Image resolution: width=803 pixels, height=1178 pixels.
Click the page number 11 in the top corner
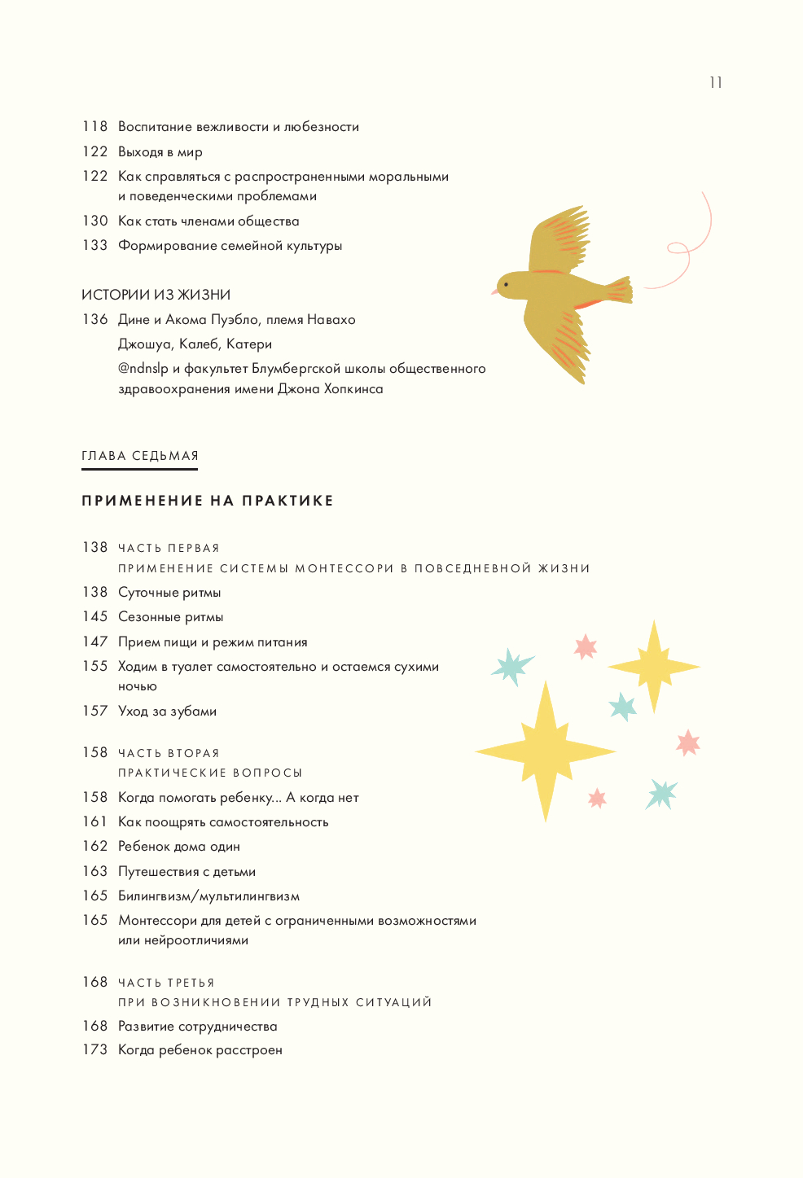click(715, 82)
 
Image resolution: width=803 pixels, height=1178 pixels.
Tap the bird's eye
click(506, 285)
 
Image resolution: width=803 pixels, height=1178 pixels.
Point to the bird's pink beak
click(494, 291)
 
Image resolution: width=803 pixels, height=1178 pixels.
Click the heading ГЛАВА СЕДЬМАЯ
click(140, 456)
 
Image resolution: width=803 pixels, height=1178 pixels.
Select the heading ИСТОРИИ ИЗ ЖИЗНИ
click(156, 295)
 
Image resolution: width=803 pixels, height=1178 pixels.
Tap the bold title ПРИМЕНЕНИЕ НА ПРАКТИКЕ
click(208, 501)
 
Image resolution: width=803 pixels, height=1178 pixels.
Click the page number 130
click(94, 221)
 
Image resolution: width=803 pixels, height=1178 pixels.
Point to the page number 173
click(94, 1049)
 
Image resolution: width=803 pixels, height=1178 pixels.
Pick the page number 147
click(94, 642)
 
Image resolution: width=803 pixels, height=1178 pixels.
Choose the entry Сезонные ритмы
click(170, 617)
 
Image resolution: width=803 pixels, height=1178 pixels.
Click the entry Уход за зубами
click(167, 711)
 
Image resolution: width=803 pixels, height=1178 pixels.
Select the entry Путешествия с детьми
click(186, 871)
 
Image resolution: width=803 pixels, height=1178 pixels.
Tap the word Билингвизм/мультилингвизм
click(208, 896)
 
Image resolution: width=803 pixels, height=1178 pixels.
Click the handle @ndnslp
click(143, 369)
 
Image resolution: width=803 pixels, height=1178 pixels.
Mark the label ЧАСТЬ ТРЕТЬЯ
click(166, 983)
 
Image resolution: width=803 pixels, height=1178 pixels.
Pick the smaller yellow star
click(653, 667)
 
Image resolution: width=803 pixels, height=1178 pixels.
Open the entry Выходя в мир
click(160, 151)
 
